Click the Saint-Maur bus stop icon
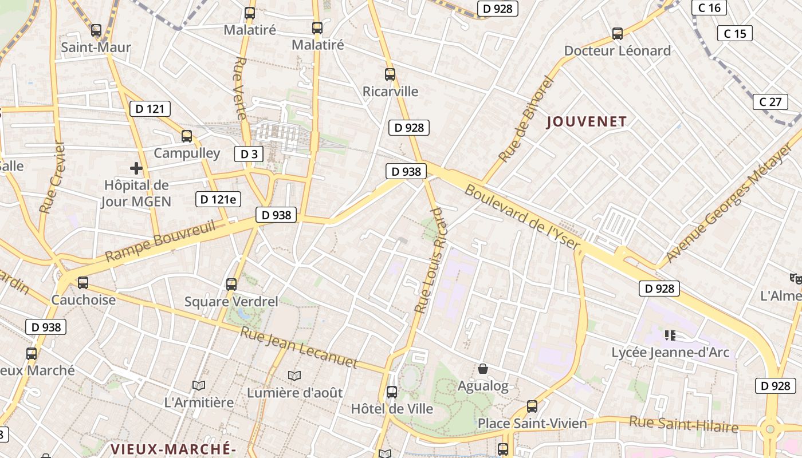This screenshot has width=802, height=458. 96,30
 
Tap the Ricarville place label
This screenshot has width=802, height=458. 391,92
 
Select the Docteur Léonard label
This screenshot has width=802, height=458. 617,51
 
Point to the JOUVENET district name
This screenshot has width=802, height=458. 587,121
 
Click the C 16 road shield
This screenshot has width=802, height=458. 709,7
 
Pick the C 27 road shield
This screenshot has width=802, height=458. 770,102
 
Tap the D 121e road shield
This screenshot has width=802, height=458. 218,199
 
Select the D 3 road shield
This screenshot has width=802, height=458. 249,153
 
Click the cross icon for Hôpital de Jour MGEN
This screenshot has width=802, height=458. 136,168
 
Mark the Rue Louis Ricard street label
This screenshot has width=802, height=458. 430,260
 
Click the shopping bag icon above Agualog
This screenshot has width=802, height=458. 483,369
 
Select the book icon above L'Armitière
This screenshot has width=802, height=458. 199,386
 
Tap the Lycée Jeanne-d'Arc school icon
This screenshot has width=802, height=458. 670,335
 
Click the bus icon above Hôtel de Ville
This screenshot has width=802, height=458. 392,392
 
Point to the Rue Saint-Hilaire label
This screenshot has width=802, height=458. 684,425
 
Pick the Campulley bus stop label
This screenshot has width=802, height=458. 187,153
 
